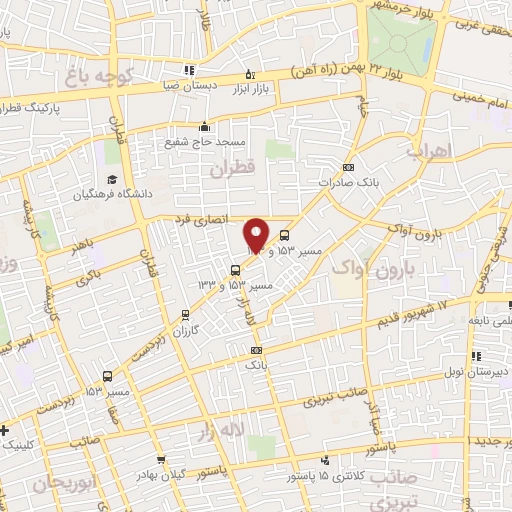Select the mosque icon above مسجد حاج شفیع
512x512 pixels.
click(x=205, y=126)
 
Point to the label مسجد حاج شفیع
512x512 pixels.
click(x=205, y=141)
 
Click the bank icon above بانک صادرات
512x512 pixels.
click(x=347, y=167)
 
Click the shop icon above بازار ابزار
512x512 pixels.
click(x=249, y=74)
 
